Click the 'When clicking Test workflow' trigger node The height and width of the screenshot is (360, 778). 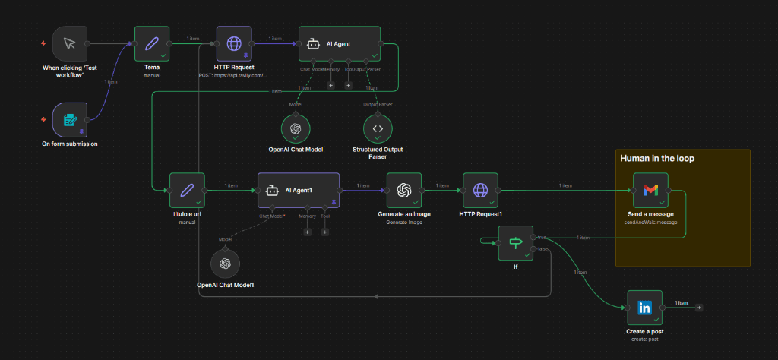(x=70, y=43)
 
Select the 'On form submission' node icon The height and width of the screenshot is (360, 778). (x=70, y=120)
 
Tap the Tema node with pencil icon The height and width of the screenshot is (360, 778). (x=152, y=43)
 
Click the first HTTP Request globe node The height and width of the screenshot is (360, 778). (x=233, y=43)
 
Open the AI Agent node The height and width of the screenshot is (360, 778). (x=339, y=44)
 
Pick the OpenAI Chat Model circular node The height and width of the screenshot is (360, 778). (x=297, y=129)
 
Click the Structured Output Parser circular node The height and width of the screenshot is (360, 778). (x=378, y=129)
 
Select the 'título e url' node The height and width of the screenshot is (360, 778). (x=185, y=190)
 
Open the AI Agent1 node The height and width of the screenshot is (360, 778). (x=298, y=190)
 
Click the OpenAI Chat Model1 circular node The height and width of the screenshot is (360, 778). (x=225, y=264)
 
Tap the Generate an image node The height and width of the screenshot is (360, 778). (x=403, y=190)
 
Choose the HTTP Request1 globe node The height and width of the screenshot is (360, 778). (x=480, y=190)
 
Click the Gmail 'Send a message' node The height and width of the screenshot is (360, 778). (x=650, y=190)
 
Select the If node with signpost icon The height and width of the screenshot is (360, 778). (x=516, y=243)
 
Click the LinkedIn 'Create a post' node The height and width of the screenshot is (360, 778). (x=644, y=308)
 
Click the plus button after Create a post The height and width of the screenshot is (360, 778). (x=699, y=308)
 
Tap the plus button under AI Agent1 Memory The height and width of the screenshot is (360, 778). (x=308, y=232)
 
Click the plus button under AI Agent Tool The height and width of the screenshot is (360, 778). (x=349, y=85)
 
